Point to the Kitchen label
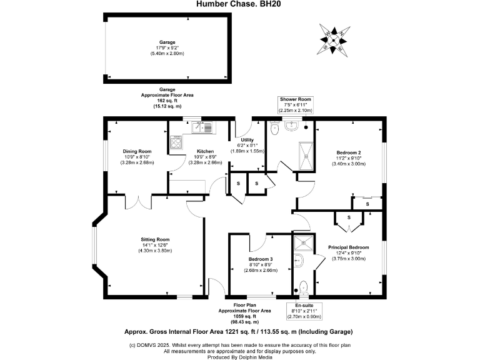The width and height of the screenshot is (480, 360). click(206, 151)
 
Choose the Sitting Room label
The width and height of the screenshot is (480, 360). click(155, 239)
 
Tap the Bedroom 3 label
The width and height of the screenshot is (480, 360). click(261, 259)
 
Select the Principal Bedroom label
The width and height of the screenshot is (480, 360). click(348, 247)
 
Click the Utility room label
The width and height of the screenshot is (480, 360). click(247, 140)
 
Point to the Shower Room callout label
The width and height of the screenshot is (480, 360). click(295, 100)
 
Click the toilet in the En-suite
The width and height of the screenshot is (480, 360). click(304, 287)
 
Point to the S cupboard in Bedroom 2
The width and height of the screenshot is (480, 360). click(367, 204)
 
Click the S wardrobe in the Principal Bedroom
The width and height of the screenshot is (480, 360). click(349, 217)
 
